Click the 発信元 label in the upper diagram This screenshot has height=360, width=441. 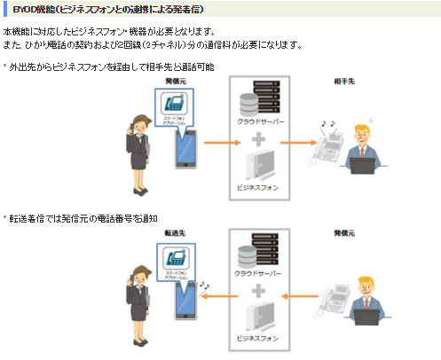[x=174, y=81]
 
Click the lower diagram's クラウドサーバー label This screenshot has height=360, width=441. [x=259, y=270]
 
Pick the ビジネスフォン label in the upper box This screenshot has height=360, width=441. [x=260, y=187]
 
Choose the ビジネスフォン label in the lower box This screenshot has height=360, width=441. [x=260, y=339]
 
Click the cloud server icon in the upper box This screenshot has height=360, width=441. [x=259, y=99]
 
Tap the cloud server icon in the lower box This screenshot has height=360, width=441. [x=259, y=251]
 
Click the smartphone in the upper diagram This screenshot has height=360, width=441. [x=185, y=147]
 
